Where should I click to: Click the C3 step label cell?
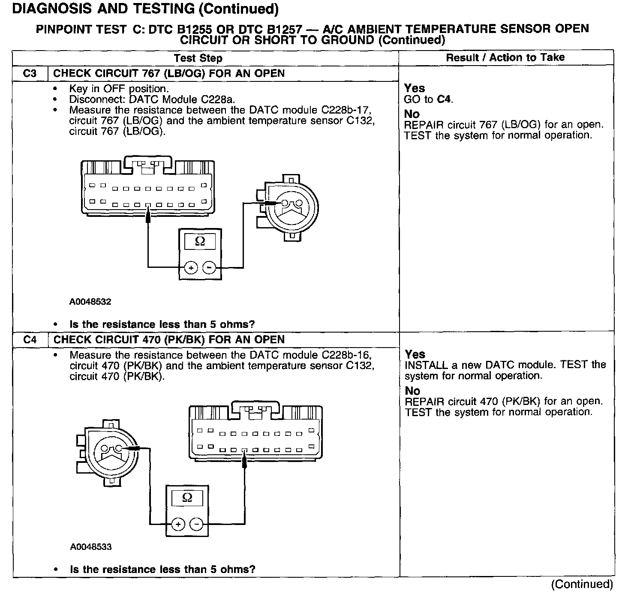[30, 73]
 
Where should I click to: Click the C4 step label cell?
[30, 340]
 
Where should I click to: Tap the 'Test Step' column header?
[198, 58]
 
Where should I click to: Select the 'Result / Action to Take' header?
[505, 57]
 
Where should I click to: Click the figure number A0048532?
[90, 302]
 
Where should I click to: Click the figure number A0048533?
[91, 547]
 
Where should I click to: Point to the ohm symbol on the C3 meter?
[200, 242]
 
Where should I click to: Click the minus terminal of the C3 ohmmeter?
[209, 268]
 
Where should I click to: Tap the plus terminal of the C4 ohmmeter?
[178, 524]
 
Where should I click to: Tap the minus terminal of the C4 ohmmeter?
[196, 524]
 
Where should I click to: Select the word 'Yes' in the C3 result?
[415, 88]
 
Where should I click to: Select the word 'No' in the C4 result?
[412, 391]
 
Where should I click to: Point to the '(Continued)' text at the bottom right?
[582, 584]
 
